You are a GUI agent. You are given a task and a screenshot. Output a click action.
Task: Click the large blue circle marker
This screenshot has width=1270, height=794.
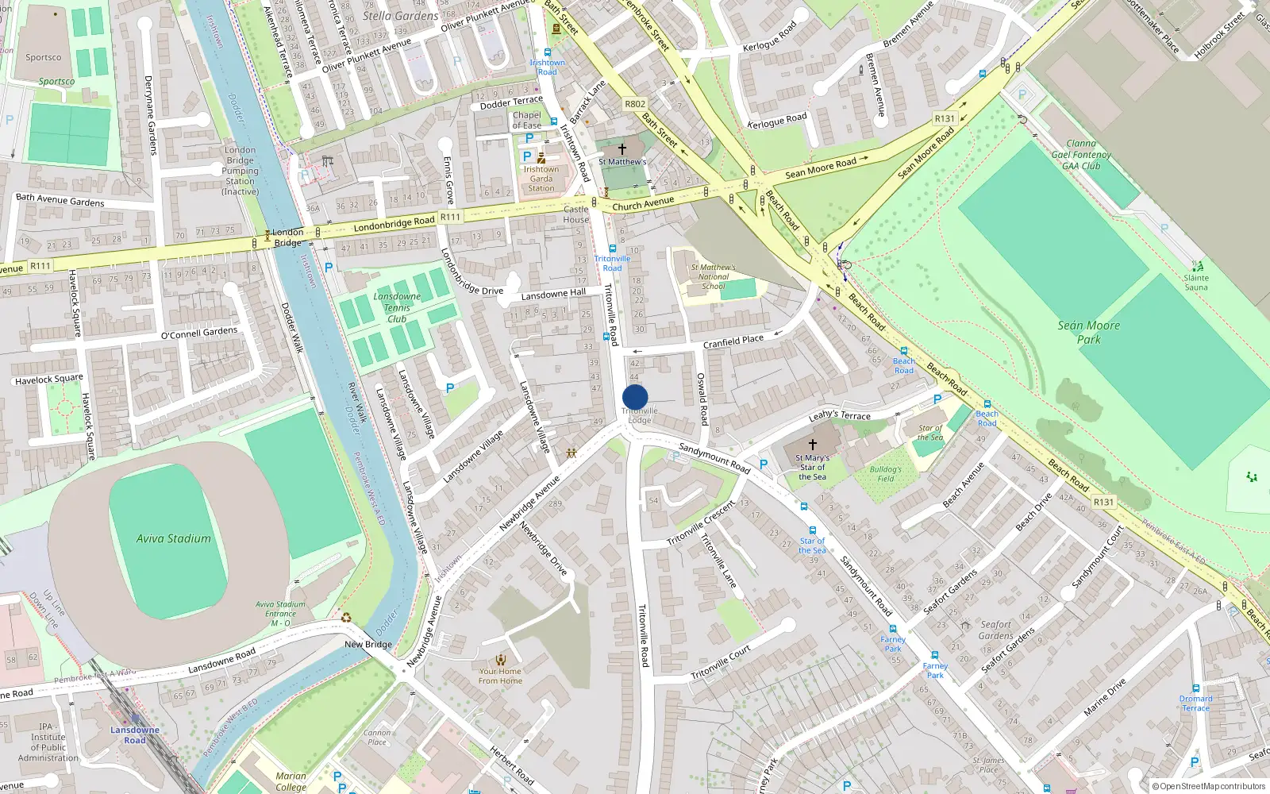coord(635,397)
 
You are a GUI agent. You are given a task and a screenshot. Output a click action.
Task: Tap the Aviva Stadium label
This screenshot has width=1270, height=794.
coord(173,538)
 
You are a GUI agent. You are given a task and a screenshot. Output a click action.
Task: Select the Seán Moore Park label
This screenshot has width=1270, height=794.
coord(1089,332)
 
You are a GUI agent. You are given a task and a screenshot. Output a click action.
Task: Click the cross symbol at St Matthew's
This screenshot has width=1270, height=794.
coord(622,148)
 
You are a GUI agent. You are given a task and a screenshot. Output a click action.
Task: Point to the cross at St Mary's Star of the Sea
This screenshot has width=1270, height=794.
coord(812,445)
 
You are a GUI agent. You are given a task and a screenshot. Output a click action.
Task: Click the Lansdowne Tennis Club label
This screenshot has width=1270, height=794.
coord(397,307)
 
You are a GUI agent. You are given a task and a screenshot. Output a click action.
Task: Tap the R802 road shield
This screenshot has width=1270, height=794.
coord(635,104)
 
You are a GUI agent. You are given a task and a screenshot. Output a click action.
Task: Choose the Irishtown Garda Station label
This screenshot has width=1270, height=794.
coord(541,179)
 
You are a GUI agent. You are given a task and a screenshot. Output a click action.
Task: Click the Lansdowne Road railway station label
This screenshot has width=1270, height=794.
coord(134,734)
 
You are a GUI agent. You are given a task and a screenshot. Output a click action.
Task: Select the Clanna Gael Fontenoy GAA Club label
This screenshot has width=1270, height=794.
coord(1081,155)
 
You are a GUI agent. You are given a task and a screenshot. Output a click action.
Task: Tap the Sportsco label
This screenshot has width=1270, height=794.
coord(44,57)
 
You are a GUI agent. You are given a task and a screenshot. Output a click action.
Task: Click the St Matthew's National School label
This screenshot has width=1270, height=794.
coord(713,276)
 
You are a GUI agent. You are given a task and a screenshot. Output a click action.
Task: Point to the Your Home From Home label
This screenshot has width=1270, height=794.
coord(500,676)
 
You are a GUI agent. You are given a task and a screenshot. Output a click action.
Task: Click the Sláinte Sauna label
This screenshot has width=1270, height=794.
coord(1196,282)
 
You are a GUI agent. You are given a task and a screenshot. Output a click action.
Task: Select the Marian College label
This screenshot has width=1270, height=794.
coord(291,781)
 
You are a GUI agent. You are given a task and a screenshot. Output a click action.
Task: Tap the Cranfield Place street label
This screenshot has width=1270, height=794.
coord(733,341)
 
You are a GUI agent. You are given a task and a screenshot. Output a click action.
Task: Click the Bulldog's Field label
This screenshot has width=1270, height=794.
coord(886,474)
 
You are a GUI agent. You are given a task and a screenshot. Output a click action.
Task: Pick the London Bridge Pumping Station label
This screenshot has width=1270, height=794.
coord(240,170)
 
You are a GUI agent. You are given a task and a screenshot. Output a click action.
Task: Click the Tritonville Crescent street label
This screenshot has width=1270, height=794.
coord(701,523)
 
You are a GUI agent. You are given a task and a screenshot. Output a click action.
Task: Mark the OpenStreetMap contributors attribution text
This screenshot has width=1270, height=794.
coord(1209,786)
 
